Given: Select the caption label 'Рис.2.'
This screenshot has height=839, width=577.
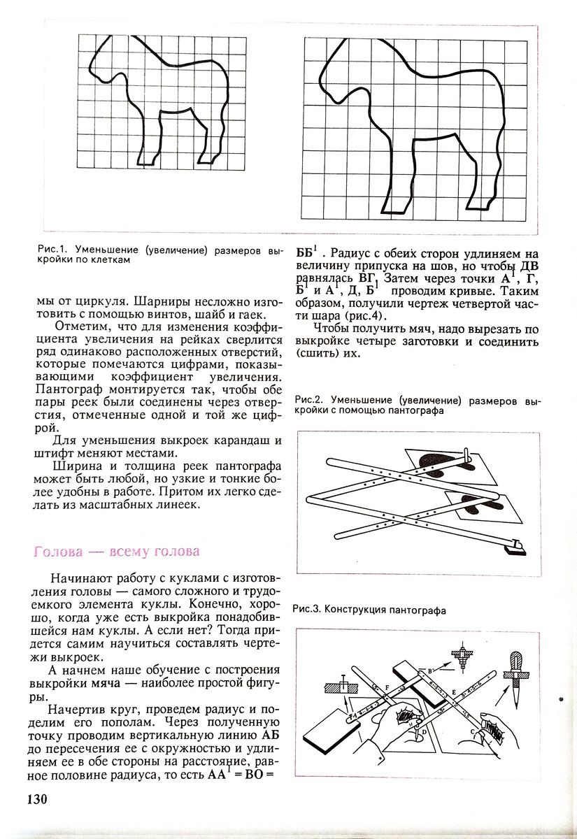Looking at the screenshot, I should (308, 401).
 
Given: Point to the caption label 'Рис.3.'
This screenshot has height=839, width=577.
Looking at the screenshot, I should (308, 608).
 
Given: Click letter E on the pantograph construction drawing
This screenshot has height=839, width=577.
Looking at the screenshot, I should (454, 692).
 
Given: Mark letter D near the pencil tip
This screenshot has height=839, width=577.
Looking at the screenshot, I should (424, 731).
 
